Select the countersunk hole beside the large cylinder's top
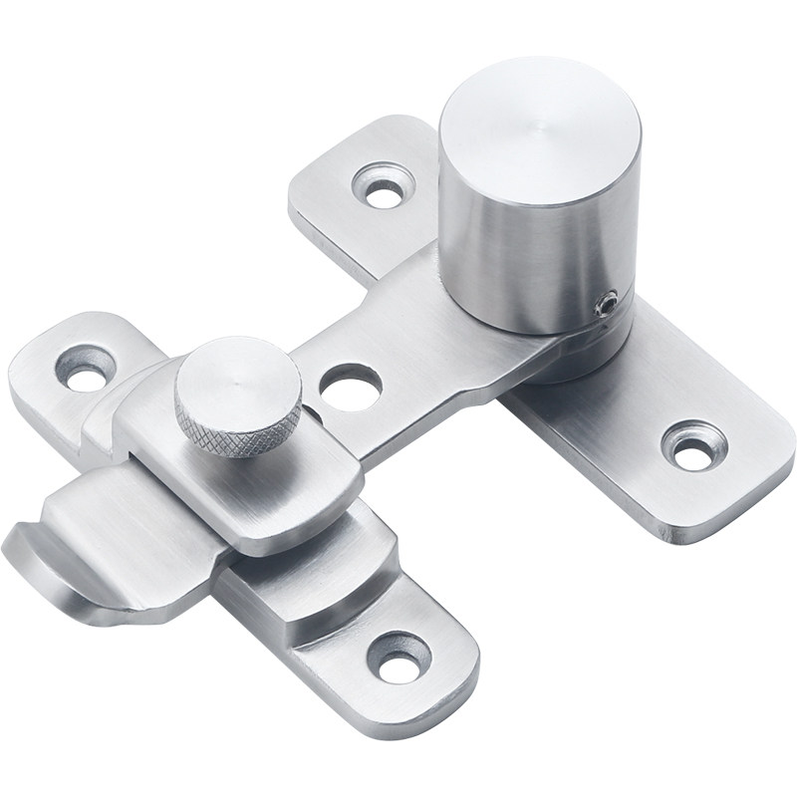pyautogui.click(x=382, y=186)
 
